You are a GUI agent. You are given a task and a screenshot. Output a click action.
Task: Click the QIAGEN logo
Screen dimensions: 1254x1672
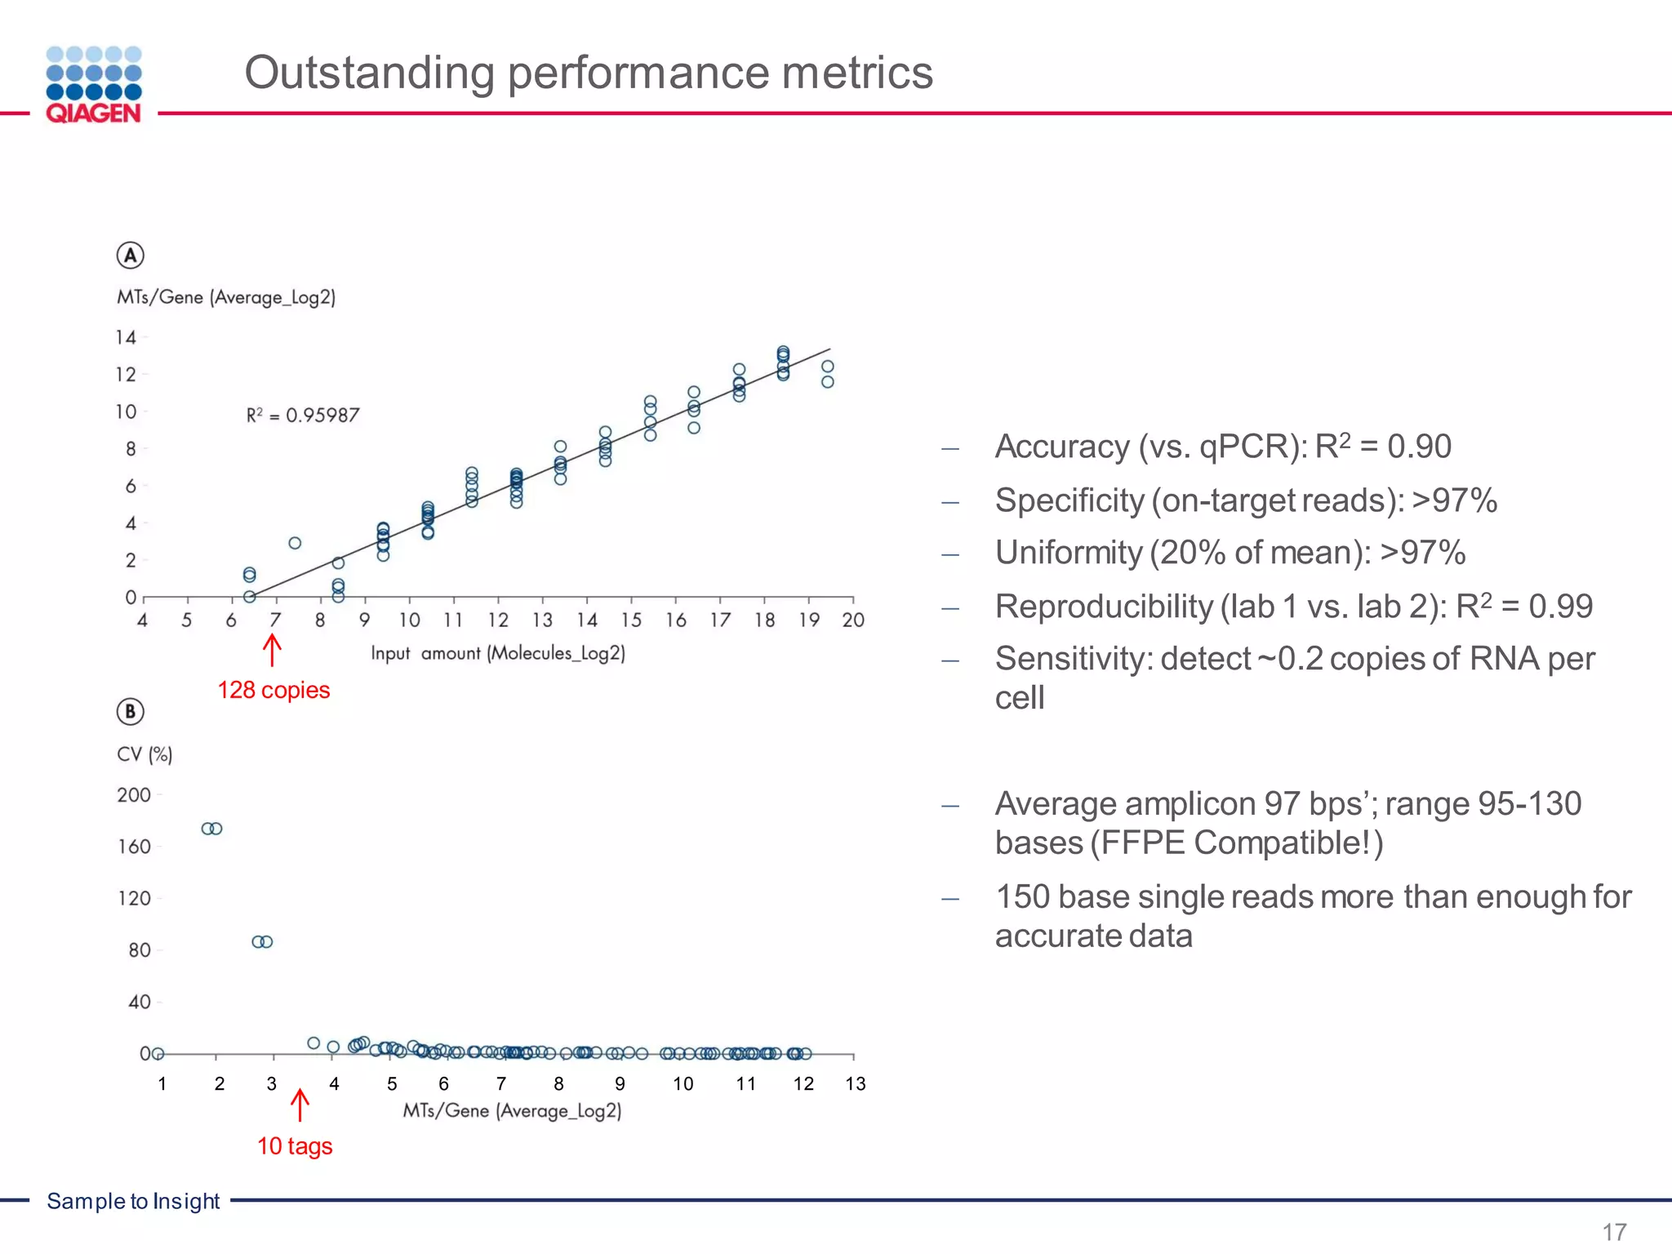tap(94, 85)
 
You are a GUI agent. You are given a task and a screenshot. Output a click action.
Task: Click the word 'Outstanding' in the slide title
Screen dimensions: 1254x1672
tap(369, 73)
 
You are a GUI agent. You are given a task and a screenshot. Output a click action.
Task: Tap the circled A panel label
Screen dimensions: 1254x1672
tap(130, 256)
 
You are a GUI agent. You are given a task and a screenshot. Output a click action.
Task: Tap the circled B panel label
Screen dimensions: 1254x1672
tap(130, 712)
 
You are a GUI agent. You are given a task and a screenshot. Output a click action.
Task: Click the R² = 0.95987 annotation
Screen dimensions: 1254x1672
tap(303, 416)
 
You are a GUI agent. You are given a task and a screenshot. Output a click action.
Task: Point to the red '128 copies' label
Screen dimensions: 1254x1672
tap(273, 691)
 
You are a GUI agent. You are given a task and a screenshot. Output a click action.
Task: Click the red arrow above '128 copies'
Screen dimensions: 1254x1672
tap(272, 651)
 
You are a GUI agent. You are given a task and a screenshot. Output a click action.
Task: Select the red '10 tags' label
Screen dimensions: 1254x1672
tap(295, 1146)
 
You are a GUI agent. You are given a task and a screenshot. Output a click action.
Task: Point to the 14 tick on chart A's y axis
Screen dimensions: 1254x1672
tap(125, 337)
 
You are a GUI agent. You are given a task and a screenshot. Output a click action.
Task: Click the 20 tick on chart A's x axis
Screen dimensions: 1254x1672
tap(853, 620)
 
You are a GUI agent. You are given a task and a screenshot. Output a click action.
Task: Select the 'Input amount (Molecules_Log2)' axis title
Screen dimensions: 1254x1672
tap(498, 653)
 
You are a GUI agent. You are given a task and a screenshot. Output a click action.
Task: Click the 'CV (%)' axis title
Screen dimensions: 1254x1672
tap(145, 754)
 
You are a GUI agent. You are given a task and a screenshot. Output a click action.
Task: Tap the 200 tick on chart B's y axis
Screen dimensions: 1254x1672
tap(134, 795)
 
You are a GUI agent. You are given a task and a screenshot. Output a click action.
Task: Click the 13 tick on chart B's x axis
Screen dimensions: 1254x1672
tap(855, 1084)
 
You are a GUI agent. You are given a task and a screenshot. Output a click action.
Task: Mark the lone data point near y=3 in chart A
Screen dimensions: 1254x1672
tap(295, 543)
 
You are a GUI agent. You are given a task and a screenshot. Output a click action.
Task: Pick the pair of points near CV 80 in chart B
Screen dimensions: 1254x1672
tap(262, 941)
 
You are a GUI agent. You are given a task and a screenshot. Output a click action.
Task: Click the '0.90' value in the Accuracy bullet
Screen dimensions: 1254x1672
tap(1419, 447)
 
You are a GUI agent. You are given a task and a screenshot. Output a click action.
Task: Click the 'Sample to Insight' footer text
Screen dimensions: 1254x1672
tap(133, 1201)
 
